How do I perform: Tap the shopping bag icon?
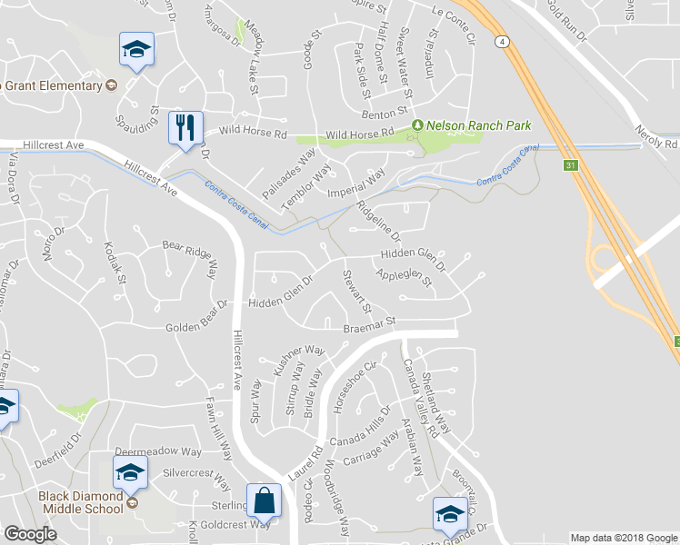264,500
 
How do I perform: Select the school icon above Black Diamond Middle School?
130,471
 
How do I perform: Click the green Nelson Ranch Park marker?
418,124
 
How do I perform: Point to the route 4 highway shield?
502,42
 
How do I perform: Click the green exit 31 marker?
570,165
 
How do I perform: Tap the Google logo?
30,534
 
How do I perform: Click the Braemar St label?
371,323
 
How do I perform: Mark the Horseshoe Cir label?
354,387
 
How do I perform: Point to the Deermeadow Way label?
158,451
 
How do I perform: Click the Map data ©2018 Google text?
623,538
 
